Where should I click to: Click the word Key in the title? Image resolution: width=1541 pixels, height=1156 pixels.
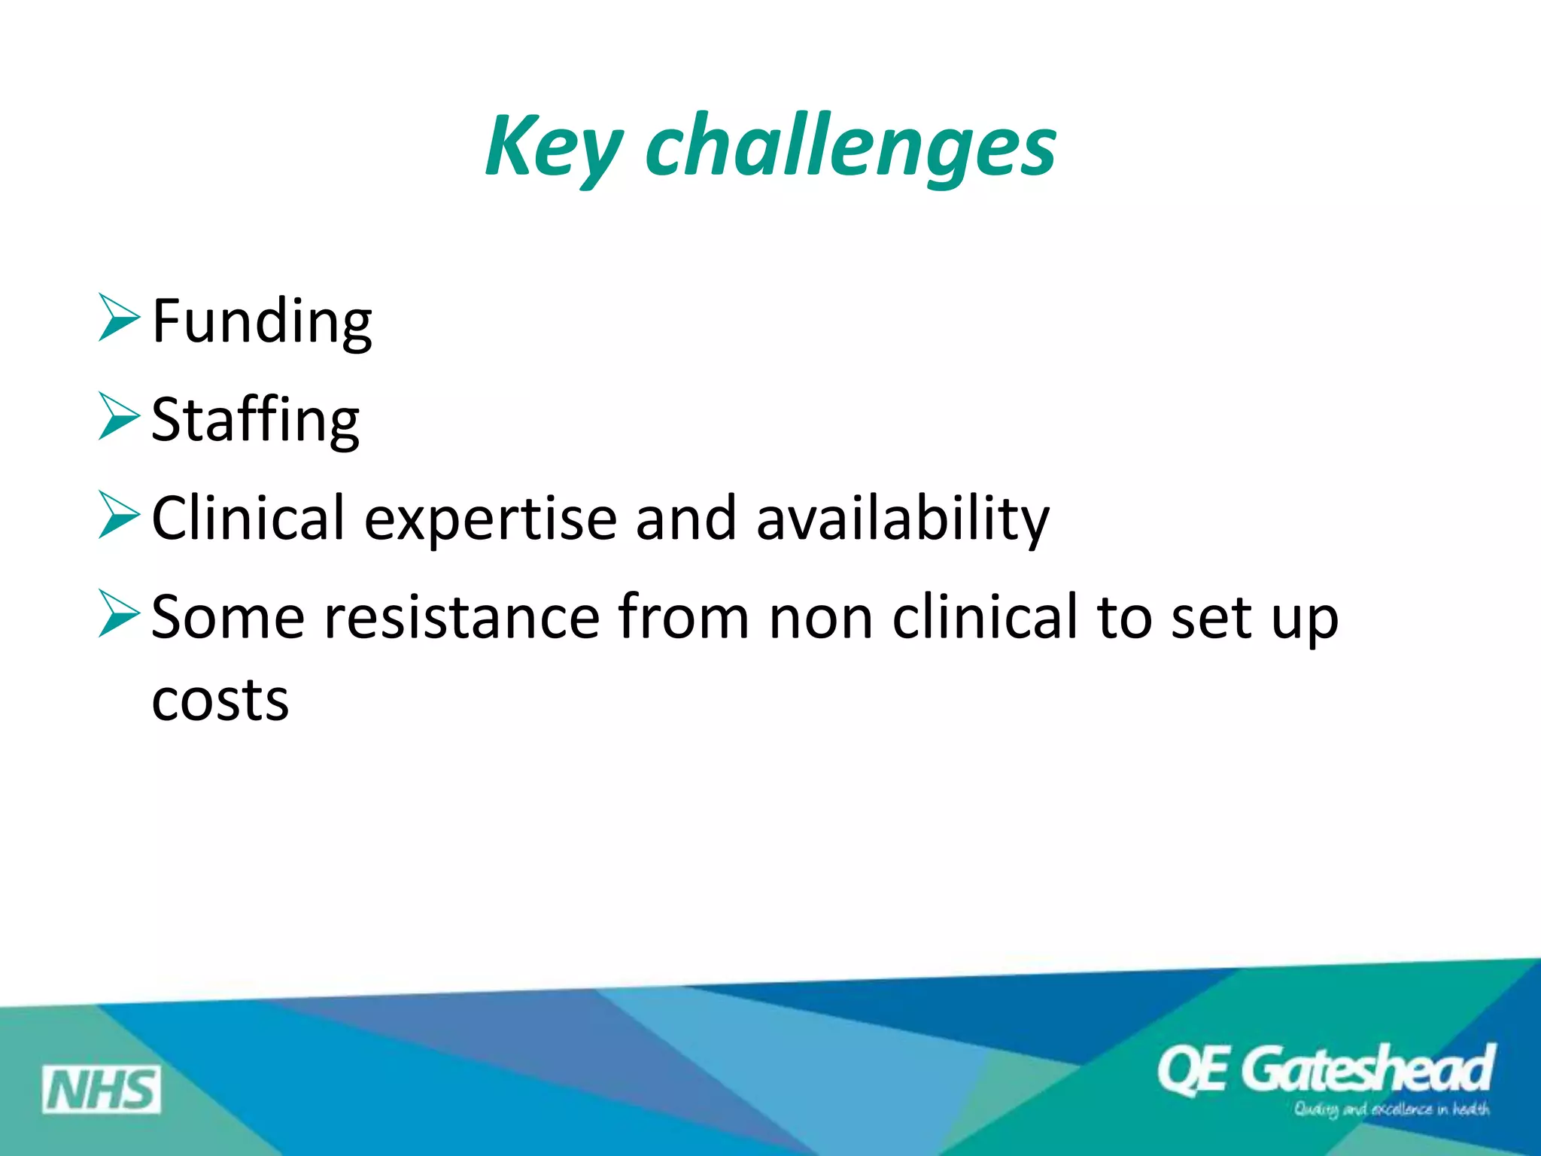tap(553, 147)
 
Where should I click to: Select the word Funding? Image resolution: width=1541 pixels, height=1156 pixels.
tap(261, 321)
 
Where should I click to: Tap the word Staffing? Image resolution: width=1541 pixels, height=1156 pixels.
tap(255, 420)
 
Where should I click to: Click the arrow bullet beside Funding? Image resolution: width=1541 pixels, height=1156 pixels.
tap(119, 318)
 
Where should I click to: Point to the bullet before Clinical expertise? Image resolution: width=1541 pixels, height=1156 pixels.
tap(119, 516)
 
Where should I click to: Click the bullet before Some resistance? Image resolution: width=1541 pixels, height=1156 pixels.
tap(119, 614)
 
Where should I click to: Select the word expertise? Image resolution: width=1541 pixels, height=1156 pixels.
tap(490, 519)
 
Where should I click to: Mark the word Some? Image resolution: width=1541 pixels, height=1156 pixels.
tap(227, 617)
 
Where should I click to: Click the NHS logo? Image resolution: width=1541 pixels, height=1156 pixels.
tap(102, 1089)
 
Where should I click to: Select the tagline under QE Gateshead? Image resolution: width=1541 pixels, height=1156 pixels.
tap(1391, 1109)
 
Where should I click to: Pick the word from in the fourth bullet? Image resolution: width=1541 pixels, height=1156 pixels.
tap(683, 617)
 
